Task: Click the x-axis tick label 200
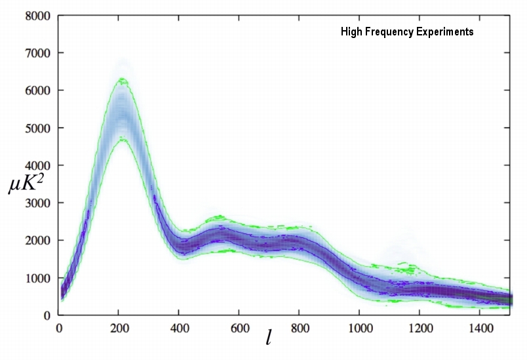coord(119,327)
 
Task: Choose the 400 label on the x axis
coord(179,327)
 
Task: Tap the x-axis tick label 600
coord(239,327)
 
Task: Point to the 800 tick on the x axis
coord(300,327)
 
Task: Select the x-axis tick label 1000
coord(359,327)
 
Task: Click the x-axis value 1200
coord(419,327)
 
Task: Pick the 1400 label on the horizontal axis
coord(479,327)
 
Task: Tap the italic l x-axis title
coord(269,338)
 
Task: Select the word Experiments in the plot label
coord(444,31)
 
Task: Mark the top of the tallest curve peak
coord(122,79)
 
